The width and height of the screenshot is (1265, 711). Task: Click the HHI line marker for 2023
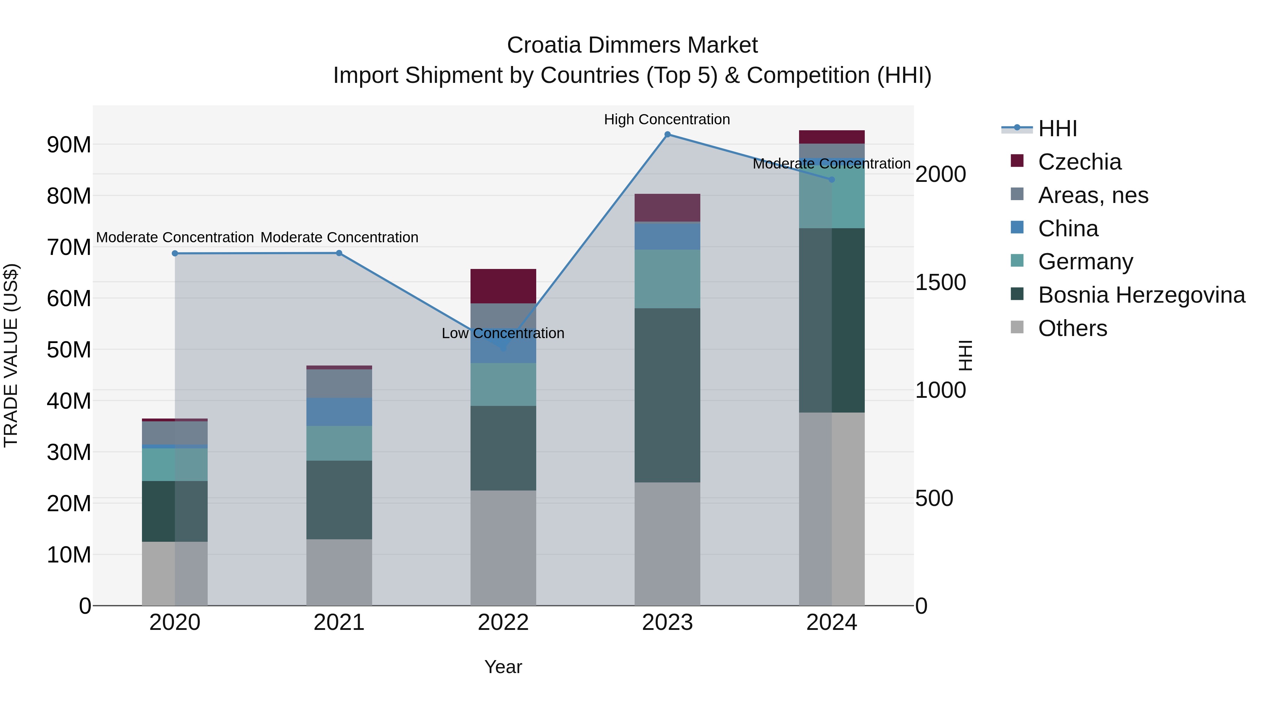point(667,134)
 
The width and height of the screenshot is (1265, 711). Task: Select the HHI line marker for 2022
point(503,348)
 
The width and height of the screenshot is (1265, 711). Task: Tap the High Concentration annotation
point(667,119)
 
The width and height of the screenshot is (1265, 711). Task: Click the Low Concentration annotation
point(503,333)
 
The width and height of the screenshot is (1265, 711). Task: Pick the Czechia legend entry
point(1079,162)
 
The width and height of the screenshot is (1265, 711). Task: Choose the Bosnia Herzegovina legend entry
point(1141,295)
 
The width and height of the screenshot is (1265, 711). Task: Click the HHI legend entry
point(1057,129)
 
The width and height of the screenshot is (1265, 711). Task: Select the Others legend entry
point(1072,328)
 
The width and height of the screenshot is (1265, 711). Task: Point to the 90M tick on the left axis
point(69,145)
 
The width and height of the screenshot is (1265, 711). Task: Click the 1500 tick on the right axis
point(940,282)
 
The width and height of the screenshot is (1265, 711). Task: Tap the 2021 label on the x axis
point(339,623)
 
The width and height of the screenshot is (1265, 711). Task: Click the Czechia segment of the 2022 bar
point(503,286)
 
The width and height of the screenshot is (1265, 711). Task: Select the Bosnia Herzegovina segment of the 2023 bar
point(667,395)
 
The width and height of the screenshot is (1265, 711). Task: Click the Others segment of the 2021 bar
point(339,572)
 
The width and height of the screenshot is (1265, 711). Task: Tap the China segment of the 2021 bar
point(339,412)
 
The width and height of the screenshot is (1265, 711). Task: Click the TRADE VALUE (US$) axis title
point(11,355)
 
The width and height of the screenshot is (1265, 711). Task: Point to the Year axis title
point(503,667)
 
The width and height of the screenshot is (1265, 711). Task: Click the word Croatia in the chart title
point(545,45)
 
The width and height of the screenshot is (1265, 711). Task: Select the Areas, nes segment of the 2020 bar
point(175,433)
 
